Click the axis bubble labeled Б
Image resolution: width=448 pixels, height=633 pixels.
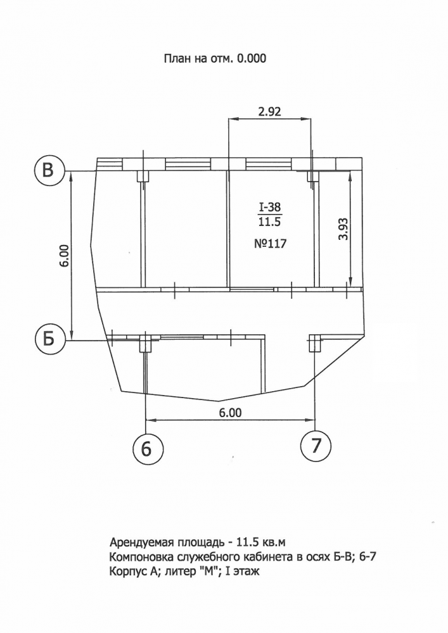click(x=49, y=340)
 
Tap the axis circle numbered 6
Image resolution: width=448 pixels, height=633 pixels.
click(x=148, y=448)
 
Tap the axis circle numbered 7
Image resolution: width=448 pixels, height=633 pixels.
click(x=316, y=446)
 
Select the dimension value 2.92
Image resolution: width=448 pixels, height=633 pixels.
click(x=269, y=111)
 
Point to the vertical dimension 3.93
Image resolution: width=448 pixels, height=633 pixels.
click(x=343, y=229)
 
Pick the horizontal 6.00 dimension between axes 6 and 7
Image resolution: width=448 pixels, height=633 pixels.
click(x=230, y=413)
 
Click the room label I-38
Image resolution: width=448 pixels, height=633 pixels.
click(x=270, y=207)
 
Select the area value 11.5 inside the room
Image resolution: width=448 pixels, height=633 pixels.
click(x=270, y=221)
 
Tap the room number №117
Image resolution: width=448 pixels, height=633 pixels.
click(x=270, y=244)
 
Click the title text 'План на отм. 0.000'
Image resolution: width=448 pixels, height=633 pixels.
click(x=215, y=58)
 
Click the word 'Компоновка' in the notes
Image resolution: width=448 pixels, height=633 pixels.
click(x=141, y=557)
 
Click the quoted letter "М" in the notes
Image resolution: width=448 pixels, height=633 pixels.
click(x=205, y=571)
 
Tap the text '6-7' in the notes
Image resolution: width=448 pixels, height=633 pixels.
click(x=368, y=556)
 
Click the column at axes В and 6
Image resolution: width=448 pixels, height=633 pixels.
click(x=143, y=175)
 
